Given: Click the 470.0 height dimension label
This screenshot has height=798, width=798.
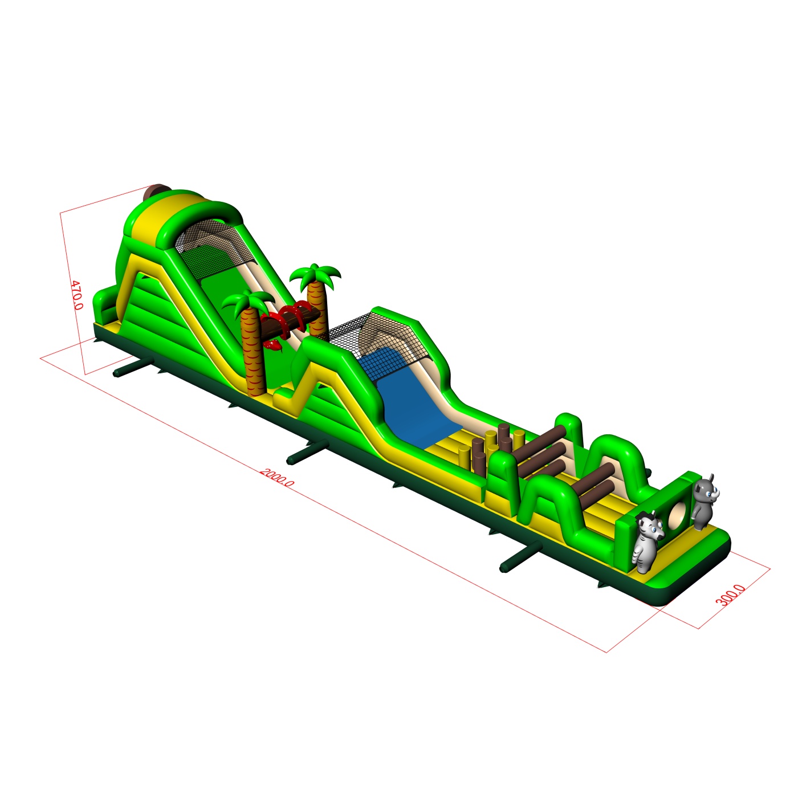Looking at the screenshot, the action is coord(77,295).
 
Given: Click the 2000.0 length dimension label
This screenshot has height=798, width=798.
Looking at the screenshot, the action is coord(277,477).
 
